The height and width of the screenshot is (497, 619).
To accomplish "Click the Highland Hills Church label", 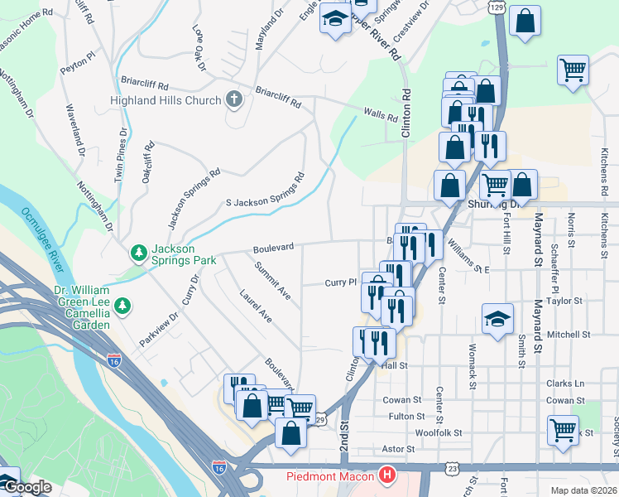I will pyautogui.click(x=166, y=100).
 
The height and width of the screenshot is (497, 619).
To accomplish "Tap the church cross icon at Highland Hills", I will pyautogui.click(x=234, y=100).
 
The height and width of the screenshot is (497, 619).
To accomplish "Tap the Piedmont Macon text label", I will pyautogui.click(x=331, y=476).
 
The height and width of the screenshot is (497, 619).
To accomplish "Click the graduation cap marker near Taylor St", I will pyautogui.click(x=497, y=318).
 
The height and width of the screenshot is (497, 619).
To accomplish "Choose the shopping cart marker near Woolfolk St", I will pyautogui.click(x=563, y=430).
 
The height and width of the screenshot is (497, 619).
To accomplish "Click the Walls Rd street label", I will pyautogui.click(x=381, y=113).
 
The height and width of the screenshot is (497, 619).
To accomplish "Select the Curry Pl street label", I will pyautogui.click(x=339, y=282).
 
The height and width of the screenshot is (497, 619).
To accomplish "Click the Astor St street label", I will pyautogui.click(x=398, y=449).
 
